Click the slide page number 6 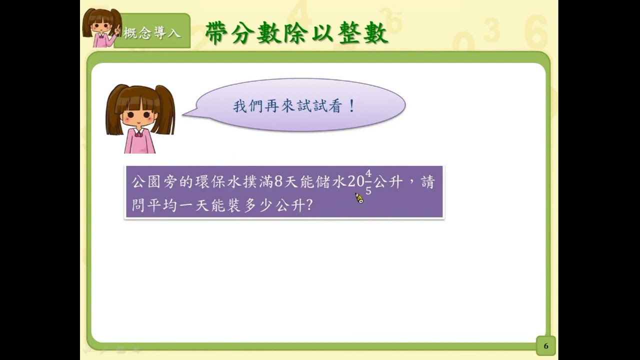coord(546,346)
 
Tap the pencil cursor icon coord(359,198)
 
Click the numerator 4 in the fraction coord(368,173)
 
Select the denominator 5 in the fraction coord(368,190)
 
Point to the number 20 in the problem coord(356,181)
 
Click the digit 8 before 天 coord(278,181)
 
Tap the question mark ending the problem coord(309,205)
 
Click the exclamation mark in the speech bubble coord(352,106)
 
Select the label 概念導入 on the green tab coord(152,33)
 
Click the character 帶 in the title coord(216,33)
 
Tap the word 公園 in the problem coord(146,182)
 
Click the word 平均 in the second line coord(162,205)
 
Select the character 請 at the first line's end coord(427,182)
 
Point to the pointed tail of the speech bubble coord(183,115)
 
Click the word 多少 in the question coord(257,205)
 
